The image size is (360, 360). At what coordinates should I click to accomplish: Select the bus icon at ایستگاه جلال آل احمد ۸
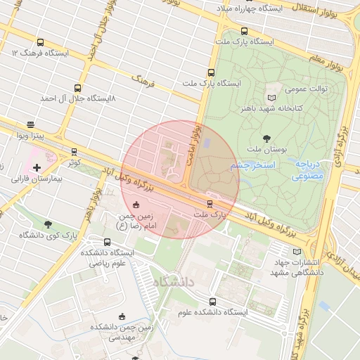(x=77, y=89)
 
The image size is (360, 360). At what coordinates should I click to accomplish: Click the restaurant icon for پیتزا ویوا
(x=30, y=124)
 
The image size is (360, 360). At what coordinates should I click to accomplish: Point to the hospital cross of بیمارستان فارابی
(x=37, y=167)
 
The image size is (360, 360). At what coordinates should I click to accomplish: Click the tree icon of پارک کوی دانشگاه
(x=48, y=224)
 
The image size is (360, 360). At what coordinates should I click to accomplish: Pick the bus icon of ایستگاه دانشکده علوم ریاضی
(x=108, y=243)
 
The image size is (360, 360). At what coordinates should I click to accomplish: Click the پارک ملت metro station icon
(x=210, y=204)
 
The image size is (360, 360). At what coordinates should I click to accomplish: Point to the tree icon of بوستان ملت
(x=266, y=138)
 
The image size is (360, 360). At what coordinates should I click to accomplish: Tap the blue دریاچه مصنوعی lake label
(x=309, y=169)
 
